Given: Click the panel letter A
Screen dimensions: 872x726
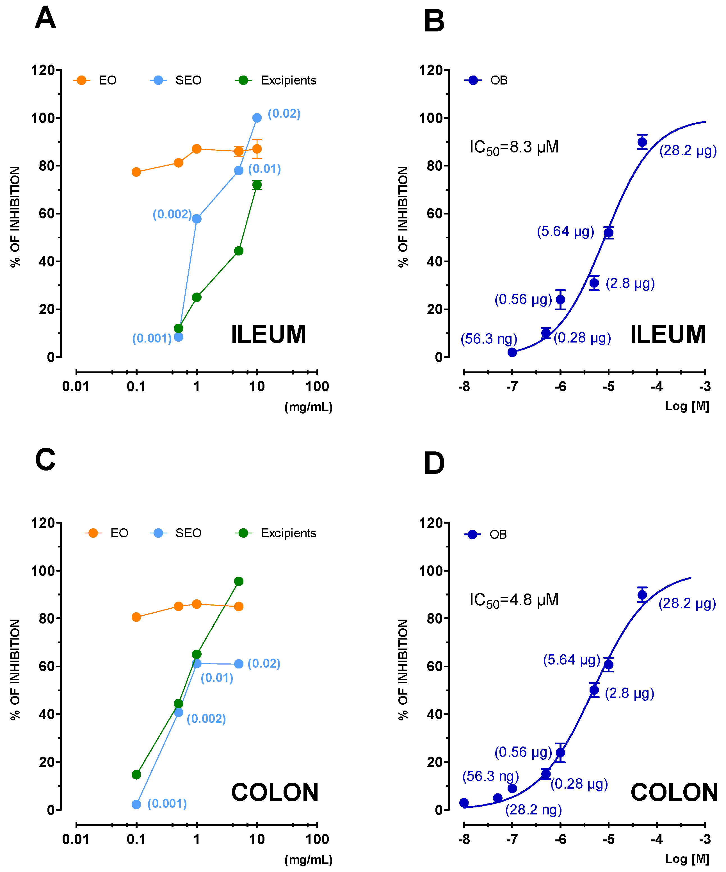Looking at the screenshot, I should pos(45,18).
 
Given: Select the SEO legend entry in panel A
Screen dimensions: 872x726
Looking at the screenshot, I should pos(188,80).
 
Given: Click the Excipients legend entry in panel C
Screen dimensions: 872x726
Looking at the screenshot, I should pos(288,533).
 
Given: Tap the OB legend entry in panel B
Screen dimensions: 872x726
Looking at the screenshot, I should pos(498,80).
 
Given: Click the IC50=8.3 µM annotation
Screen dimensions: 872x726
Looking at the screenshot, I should pos(514,147).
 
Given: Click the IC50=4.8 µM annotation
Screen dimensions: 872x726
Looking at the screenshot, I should pos(514,600).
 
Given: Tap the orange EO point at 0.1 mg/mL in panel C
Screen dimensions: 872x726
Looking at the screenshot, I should pos(136,617).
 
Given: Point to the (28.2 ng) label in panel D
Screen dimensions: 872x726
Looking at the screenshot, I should pos(533,810).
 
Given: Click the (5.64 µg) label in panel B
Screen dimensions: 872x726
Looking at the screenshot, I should pos(565,231).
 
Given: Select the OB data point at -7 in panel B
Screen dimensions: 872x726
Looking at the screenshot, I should pos(512,352).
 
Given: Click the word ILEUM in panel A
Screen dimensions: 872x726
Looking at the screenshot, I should pos(268,334).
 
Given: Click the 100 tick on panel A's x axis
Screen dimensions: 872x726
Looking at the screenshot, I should pos(317,387).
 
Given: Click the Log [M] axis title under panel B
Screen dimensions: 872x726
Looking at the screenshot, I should pos(687,406).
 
